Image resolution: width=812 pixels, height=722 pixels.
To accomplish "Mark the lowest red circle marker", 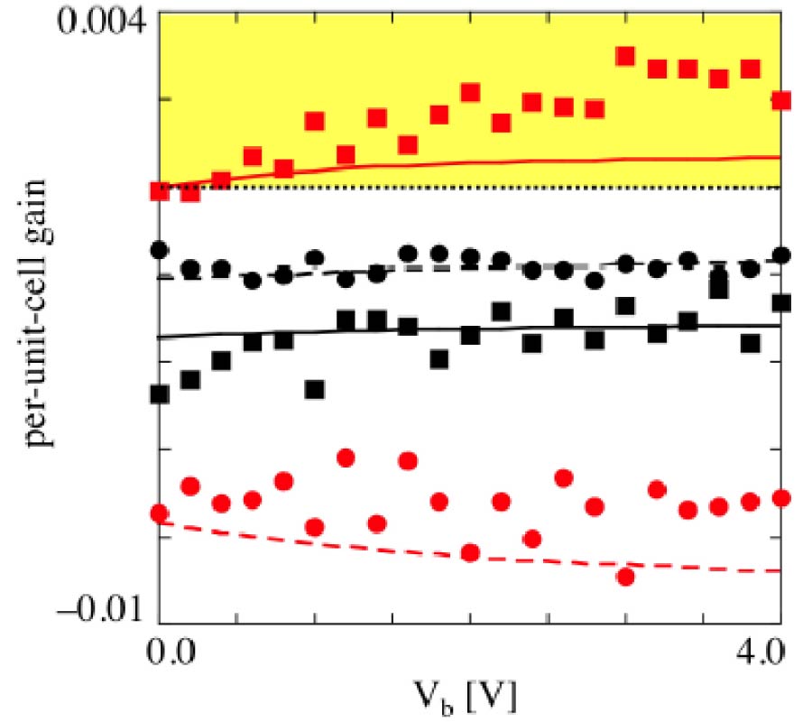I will pos(626,576).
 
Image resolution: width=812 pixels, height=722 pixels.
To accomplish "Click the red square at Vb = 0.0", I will pos(160,191).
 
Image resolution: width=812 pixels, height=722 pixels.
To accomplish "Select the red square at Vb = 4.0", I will pos(781,100).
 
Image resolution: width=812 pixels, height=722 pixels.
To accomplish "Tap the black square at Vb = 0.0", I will pos(160,394).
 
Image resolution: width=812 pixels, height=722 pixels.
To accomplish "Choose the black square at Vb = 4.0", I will pos(781,302).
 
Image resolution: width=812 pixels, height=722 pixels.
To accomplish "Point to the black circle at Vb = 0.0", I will pos(160,249).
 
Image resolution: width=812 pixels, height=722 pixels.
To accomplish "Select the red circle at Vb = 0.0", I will pos(160,514).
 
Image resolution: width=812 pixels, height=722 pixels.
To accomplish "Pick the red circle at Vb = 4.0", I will pos(781,498).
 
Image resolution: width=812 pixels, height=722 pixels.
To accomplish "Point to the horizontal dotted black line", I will pos(469,188).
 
